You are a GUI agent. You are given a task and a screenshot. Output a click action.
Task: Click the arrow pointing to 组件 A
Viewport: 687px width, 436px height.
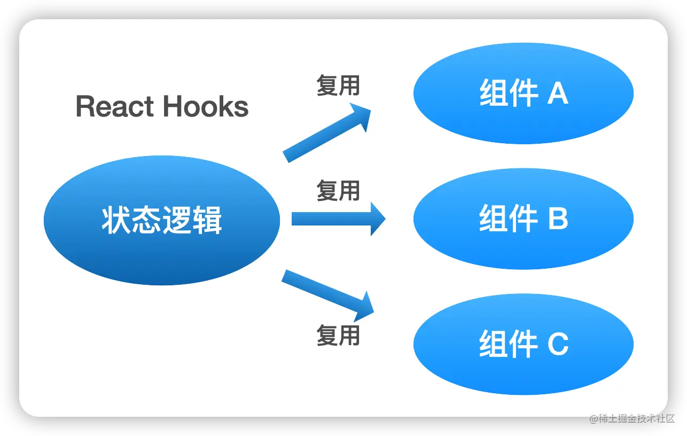(x=326, y=134)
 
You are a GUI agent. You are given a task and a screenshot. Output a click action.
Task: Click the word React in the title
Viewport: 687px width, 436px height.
(x=115, y=106)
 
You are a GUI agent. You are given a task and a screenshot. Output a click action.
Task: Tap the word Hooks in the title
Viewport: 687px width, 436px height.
(x=206, y=106)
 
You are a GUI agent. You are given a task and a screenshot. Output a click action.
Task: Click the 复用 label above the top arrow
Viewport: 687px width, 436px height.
(x=338, y=85)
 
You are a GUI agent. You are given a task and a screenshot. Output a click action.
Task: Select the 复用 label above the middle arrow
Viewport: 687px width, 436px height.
(x=338, y=191)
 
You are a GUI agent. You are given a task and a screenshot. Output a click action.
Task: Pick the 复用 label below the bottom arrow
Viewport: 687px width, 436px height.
(x=338, y=335)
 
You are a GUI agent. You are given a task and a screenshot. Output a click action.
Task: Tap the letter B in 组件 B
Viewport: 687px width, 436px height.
(x=557, y=219)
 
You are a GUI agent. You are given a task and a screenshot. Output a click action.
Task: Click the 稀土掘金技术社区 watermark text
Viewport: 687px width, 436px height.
(x=635, y=417)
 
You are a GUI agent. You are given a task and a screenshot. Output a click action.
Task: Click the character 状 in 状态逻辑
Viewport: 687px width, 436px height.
(x=116, y=220)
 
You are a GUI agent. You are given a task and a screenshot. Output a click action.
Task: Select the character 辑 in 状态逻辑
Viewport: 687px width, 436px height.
(x=207, y=220)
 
